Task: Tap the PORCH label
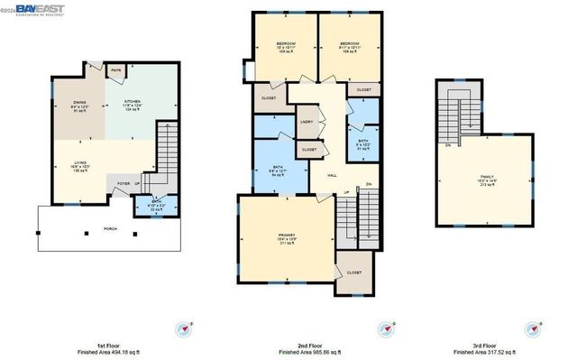[x=110, y=228]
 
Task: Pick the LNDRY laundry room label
[x=307, y=122]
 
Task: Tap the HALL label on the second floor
[x=331, y=176]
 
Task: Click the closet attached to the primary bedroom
[x=353, y=272]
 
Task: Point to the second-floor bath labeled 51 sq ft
[x=363, y=143]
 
